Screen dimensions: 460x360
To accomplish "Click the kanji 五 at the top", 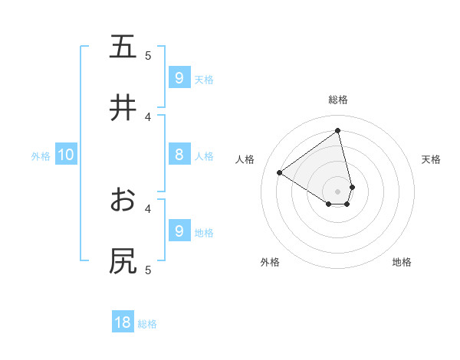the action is (x=123, y=47).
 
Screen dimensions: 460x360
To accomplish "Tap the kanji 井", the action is (x=123, y=108).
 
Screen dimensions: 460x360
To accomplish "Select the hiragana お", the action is (x=123, y=200).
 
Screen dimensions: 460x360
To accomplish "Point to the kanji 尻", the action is (x=123, y=261).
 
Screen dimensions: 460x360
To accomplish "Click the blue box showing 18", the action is (x=123, y=322).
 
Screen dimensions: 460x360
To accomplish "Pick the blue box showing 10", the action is (x=66, y=155).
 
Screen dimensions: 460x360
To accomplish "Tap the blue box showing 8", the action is (x=179, y=155).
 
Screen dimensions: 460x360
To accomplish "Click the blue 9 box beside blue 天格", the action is (x=179, y=77).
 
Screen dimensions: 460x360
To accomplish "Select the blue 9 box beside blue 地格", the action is (x=179, y=231).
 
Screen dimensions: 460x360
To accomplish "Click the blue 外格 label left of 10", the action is (x=41, y=156).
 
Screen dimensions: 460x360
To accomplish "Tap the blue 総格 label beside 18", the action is (x=147, y=324).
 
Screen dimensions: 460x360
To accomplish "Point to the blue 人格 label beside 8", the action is (x=204, y=156).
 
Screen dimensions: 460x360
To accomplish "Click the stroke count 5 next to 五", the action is (x=148, y=55).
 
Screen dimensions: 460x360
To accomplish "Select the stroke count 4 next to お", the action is (x=148, y=208).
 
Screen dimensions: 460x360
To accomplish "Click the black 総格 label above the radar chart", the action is (x=338, y=100).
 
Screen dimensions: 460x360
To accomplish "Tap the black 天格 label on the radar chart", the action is (x=432, y=159).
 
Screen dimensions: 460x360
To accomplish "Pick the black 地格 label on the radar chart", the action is (x=402, y=262).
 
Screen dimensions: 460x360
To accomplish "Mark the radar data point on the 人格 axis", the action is (x=280, y=173).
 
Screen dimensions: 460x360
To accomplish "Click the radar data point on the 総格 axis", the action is (x=338, y=131).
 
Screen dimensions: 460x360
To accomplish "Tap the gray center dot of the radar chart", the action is (x=338, y=191).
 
